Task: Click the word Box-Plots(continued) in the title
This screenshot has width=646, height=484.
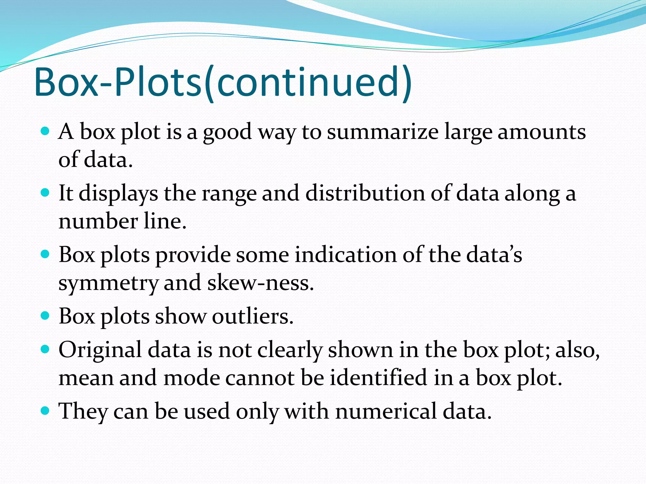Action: pos(223,83)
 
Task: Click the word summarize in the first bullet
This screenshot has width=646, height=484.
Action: pos(382,132)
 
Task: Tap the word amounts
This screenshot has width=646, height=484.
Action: pos(542,132)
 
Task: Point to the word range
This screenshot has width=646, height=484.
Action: pos(229,193)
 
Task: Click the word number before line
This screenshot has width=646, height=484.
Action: pos(98,221)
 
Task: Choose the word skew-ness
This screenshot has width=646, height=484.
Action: pos(261,283)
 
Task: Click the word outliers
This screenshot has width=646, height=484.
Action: pos(253,316)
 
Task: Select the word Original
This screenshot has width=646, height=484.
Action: pos(100,350)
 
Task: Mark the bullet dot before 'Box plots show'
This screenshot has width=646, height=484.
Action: pos(45,315)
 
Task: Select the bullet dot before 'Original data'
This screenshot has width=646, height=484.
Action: pos(45,349)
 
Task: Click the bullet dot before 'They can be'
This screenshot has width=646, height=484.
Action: pos(45,410)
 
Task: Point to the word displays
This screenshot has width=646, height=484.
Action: pos(118,193)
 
